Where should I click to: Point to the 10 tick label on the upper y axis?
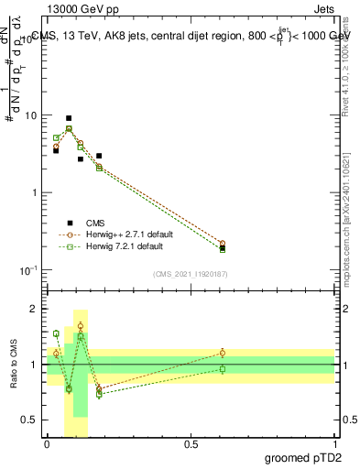(x=32, y=116)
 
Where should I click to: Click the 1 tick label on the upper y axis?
(x=35, y=192)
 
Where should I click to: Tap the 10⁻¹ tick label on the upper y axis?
(x=29, y=269)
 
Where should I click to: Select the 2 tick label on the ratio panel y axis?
(x=36, y=309)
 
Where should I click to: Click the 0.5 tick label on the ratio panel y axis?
(x=31, y=420)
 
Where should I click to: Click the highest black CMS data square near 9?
(x=69, y=118)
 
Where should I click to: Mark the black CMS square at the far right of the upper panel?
(x=222, y=247)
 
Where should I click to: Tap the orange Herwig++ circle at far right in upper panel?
(x=222, y=243)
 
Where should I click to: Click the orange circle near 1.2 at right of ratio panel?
(x=222, y=353)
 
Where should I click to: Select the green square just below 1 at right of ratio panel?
(x=222, y=369)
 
